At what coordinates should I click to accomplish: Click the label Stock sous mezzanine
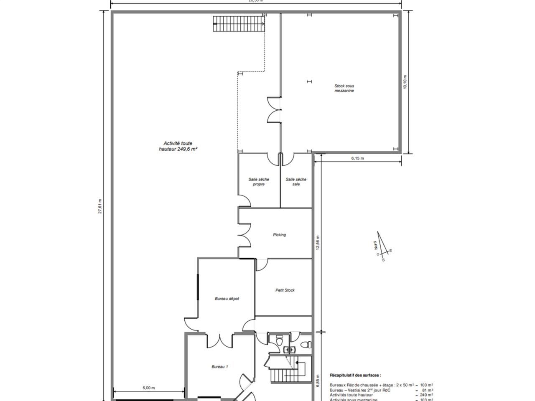click(x=344, y=88)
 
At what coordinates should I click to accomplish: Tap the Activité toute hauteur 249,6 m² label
click(x=178, y=146)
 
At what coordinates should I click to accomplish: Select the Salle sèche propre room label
click(x=259, y=182)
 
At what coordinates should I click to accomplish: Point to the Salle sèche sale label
click(x=296, y=182)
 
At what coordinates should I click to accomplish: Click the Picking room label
click(x=279, y=235)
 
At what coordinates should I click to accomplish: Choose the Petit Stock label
click(x=285, y=290)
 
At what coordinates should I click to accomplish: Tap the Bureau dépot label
click(x=227, y=299)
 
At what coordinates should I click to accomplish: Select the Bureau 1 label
click(x=219, y=367)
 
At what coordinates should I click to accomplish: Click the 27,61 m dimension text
click(x=100, y=206)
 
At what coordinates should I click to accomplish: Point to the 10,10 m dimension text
click(x=405, y=82)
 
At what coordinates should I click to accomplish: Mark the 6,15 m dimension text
click(x=357, y=158)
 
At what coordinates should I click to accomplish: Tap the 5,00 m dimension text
click(x=148, y=388)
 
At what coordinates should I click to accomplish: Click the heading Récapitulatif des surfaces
click(x=355, y=376)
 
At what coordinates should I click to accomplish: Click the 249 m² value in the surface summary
click(x=426, y=395)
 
